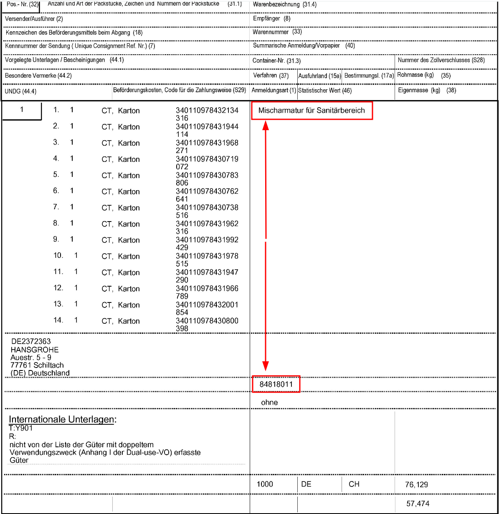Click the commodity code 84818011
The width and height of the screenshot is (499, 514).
tap(276, 384)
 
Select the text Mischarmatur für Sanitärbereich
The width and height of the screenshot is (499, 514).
tap(312, 111)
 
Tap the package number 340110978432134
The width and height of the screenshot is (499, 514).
tap(207, 111)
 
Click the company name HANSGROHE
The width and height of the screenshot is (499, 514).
tap(35, 350)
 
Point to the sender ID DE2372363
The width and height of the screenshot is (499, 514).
tap(31, 341)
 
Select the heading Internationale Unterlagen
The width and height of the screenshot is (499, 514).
tap(63, 419)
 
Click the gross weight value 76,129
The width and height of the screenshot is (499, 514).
tap(416, 484)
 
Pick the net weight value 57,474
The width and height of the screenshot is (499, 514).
tap(418, 504)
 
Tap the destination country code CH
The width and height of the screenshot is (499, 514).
tap(354, 484)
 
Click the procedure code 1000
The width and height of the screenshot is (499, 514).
tap(265, 484)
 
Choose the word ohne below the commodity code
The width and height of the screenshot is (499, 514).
tap(269, 402)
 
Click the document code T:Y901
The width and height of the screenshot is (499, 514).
tap(21, 428)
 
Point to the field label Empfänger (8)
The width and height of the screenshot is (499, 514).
tap(271, 18)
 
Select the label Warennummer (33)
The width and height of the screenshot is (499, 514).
tap(277, 32)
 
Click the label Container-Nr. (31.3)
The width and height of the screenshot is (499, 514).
tap(276, 60)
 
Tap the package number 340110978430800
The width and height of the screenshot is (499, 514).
tap(207, 321)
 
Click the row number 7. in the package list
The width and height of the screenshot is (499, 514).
tap(56, 207)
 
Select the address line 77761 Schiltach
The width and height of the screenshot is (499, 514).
tap(37, 365)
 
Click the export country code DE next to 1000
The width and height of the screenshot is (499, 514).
tap(306, 484)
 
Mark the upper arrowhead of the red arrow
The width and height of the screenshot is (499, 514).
tap(266, 125)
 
